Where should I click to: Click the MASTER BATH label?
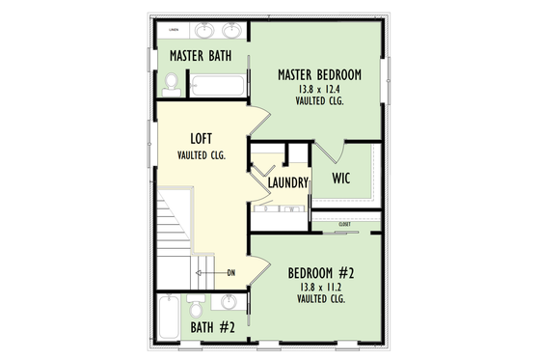200,56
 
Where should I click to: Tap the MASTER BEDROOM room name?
320,74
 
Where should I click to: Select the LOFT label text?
202,139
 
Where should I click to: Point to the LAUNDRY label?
288,182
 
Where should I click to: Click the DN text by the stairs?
231,273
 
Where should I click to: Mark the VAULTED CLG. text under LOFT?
202,154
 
